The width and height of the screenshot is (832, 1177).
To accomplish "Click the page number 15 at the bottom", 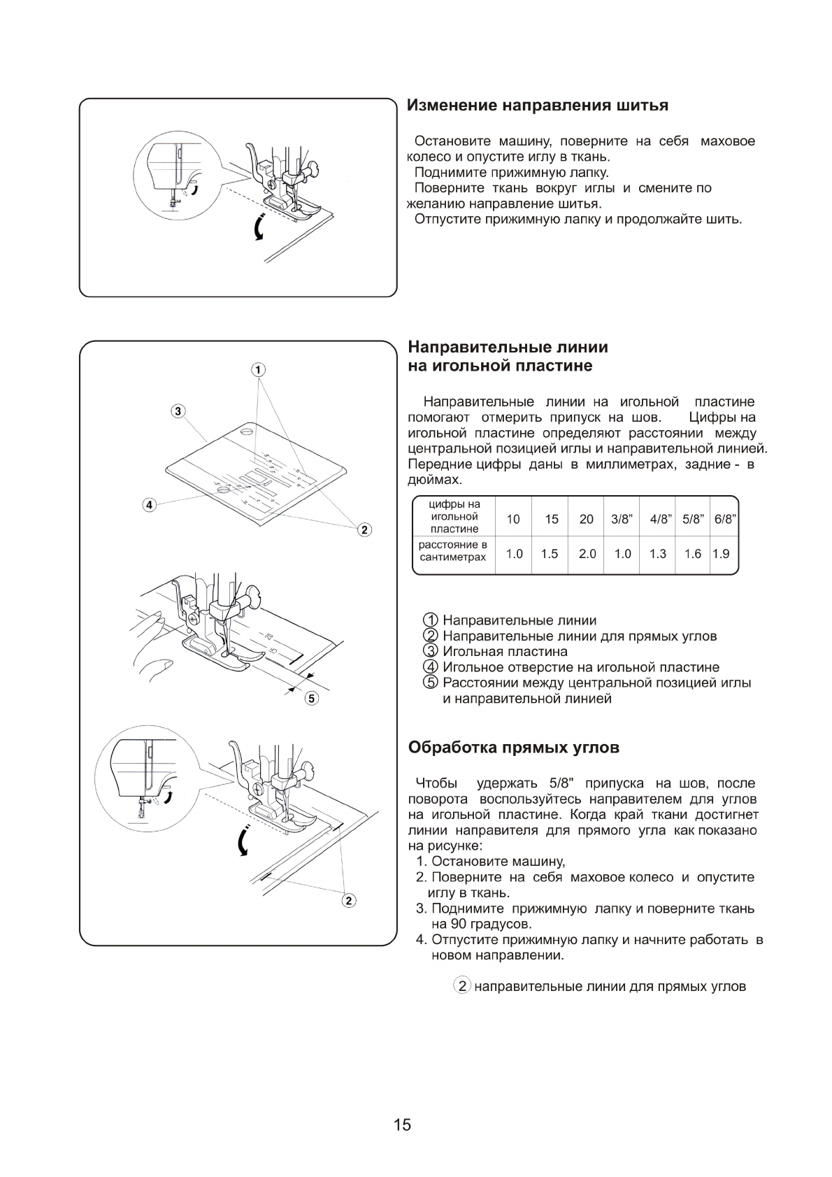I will point(402,1125).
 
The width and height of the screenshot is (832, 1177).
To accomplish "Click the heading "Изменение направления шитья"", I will point(538,106).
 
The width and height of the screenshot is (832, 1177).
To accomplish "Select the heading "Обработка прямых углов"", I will point(513,748).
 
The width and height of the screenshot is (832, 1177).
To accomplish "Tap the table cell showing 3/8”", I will point(622,519).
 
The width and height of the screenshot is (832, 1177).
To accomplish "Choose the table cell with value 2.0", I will point(587,554).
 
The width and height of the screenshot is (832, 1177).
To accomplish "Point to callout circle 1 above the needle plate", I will point(258,369).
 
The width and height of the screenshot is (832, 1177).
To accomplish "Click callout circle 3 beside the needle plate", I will point(178,411).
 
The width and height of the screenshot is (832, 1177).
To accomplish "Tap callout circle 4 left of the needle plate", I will point(149,504).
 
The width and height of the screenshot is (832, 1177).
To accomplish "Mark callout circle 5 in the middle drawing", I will point(312,697).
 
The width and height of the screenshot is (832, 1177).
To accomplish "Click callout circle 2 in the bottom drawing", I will point(349,899).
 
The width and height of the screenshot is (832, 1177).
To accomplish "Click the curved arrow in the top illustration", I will point(259,227).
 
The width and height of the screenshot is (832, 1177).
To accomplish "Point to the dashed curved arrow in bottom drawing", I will point(243,841).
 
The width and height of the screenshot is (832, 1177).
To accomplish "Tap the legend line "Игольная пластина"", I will point(505,652).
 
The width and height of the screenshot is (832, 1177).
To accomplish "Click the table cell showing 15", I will point(552,519).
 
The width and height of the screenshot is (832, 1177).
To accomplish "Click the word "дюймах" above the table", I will point(435,480).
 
